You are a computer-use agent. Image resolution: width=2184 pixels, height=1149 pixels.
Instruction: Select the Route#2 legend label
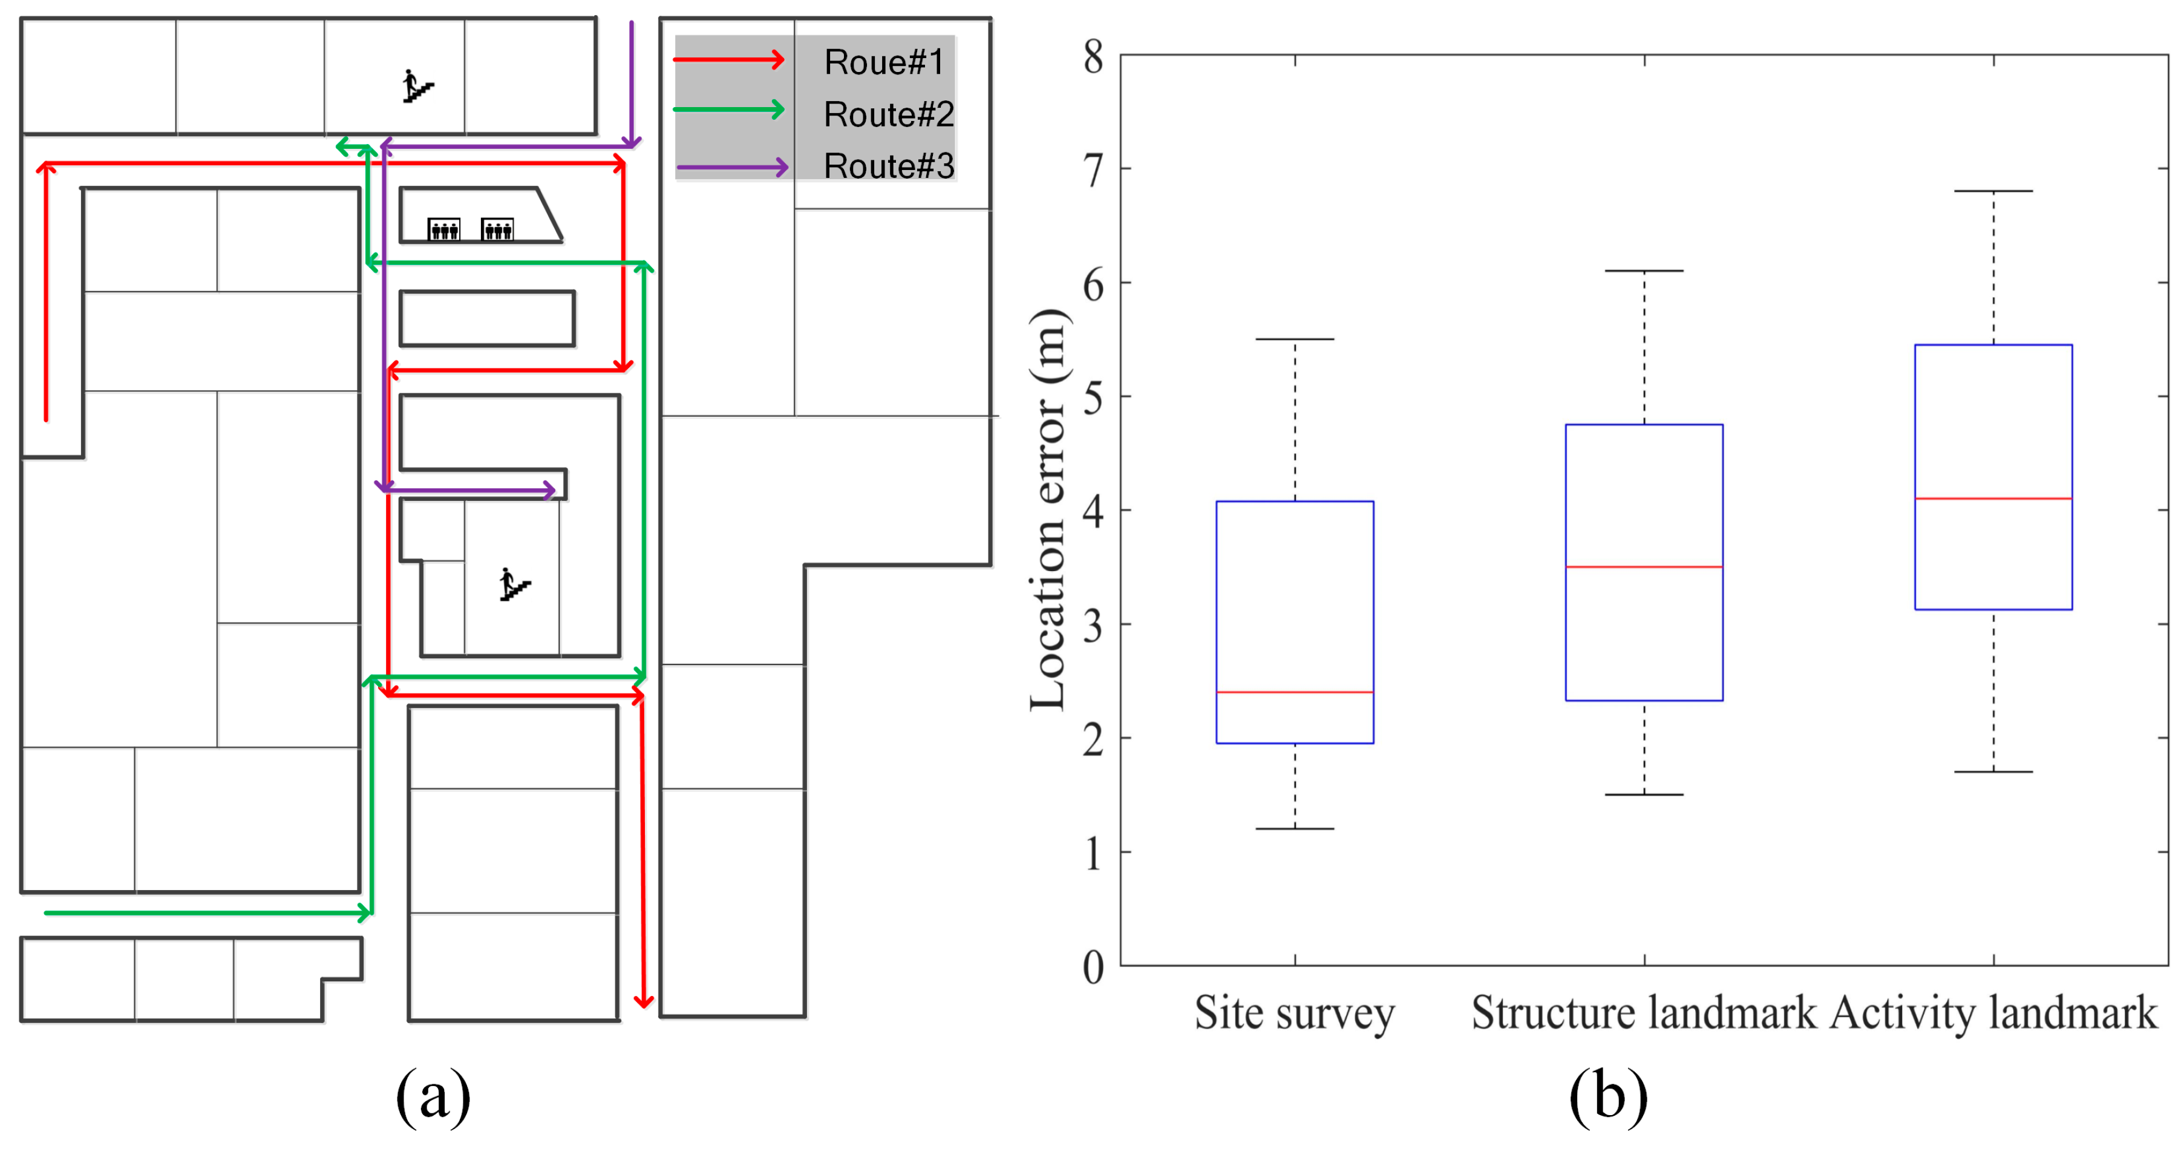coord(889,114)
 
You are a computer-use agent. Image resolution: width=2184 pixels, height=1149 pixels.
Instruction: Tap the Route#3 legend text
coord(889,166)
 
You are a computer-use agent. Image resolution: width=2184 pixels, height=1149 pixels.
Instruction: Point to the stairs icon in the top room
coord(417,87)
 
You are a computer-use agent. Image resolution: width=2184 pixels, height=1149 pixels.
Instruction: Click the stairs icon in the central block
coord(514,584)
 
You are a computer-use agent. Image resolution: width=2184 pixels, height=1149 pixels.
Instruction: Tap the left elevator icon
coord(444,229)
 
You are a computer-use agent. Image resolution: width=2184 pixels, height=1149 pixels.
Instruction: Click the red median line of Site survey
coord(1295,692)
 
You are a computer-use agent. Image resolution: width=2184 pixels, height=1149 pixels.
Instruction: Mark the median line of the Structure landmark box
coord(1644,566)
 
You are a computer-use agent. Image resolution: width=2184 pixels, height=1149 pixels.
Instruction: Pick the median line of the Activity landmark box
coord(1993,499)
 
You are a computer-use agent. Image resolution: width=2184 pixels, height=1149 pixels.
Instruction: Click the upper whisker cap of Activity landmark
coord(1993,192)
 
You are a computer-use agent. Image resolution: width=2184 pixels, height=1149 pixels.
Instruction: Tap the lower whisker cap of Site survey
coord(1295,828)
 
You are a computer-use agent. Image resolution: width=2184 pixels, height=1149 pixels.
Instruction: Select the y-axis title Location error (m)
coord(1049,509)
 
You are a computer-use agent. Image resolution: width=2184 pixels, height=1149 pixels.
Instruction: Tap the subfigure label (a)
coord(433,1096)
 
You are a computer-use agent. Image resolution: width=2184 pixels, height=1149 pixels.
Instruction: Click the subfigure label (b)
coord(1607,1096)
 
